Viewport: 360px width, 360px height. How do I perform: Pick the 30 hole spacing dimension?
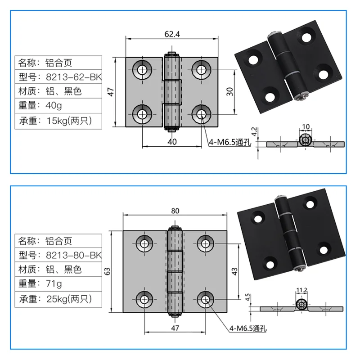(229, 92)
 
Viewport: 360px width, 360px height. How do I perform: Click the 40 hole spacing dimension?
(172, 141)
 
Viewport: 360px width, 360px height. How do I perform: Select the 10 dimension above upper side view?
(306, 126)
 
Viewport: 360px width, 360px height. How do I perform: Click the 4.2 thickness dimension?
(254, 132)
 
